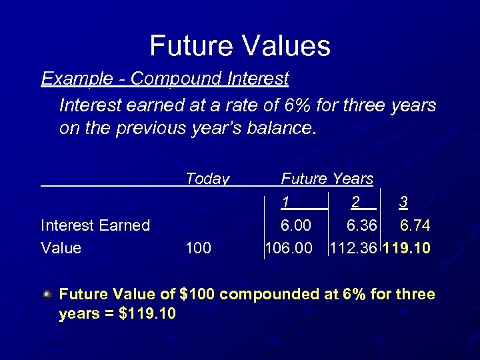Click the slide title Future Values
(240, 46)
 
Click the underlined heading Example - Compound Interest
(165, 79)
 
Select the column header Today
(207, 179)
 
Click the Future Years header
(327, 179)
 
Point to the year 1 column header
(285, 202)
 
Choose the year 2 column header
(355, 202)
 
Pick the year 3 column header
(403, 202)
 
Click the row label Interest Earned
(95, 225)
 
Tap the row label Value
(61, 249)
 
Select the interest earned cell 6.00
(296, 225)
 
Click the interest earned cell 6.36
(360, 225)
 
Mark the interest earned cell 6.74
(415, 225)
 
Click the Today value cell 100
(199, 249)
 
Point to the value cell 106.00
(289, 249)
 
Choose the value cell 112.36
(354, 249)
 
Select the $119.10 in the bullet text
(147, 313)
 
